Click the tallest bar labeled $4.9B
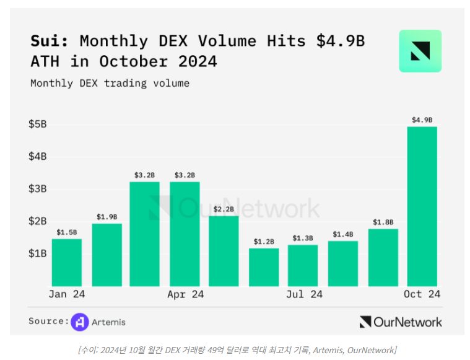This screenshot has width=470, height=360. pyautogui.click(x=422, y=206)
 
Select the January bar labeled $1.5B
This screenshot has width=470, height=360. pyautogui.click(x=66, y=262)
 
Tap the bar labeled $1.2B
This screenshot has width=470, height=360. pyautogui.click(x=264, y=266)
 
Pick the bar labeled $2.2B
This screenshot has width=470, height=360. pyautogui.click(x=224, y=250)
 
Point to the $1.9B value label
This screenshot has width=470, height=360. pyautogui.click(x=107, y=217)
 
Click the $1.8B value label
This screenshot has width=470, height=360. pyautogui.click(x=383, y=222)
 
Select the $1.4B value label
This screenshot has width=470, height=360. pyautogui.click(x=343, y=234)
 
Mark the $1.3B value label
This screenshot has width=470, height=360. pyautogui.click(x=303, y=238)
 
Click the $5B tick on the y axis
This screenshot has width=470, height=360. pyautogui.click(x=37, y=124)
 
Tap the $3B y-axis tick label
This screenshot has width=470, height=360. pyautogui.click(x=37, y=188)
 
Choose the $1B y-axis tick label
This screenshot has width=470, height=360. pyautogui.click(x=37, y=253)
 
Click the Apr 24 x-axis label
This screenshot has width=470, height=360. pyautogui.click(x=185, y=294)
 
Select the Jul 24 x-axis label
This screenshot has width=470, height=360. pyautogui.click(x=304, y=294)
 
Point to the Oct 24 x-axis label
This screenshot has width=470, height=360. pyautogui.click(x=422, y=294)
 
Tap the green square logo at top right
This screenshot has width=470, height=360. pyautogui.click(x=420, y=51)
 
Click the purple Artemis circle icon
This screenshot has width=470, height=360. pyautogui.click(x=79, y=322)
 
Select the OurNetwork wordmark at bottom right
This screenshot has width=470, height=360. pyautogui.click(x=401, y=322)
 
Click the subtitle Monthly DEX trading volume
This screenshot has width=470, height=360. pyautogui.click(x=110, y=83)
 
